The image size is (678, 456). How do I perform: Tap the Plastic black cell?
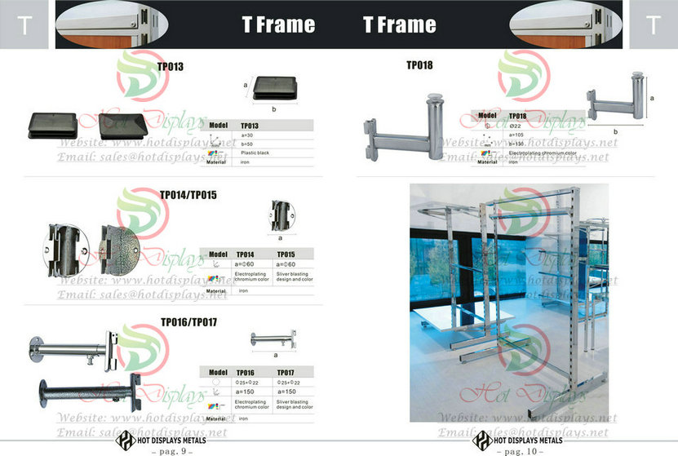tap(254, 152)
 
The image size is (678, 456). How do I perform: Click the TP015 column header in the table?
tap(287, 255)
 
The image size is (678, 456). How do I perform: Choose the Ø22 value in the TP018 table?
tap(516, 126)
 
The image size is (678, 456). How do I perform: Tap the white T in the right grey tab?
tap(653, 24)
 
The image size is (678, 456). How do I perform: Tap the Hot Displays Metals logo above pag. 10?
tap(482, 439)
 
